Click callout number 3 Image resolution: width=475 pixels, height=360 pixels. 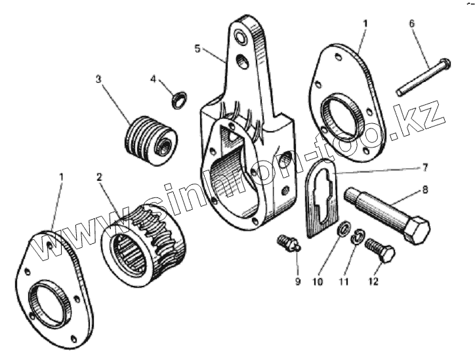coord(98,79)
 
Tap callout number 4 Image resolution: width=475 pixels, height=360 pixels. coord(153,79)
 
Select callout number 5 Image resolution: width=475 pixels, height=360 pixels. coord(197,48)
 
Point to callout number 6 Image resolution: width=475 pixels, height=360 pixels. coord(411,24)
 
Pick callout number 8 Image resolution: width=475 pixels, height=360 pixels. coord(425,190)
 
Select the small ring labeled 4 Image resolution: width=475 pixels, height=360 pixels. coord(177,100)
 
